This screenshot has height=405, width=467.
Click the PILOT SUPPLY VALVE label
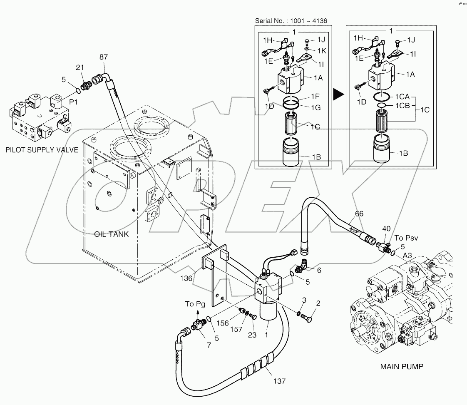click(42, 150)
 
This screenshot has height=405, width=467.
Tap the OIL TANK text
click(111, 234)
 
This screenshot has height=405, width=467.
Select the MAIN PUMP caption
click(402, 367)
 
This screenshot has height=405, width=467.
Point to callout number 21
click(80, 67)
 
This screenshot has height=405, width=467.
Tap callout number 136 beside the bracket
click(186, 278)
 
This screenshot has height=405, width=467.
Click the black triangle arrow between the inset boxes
click(340, 95)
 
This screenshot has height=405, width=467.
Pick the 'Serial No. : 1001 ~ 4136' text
click(294, 20)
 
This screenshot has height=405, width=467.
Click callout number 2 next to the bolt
click(318, 303)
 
